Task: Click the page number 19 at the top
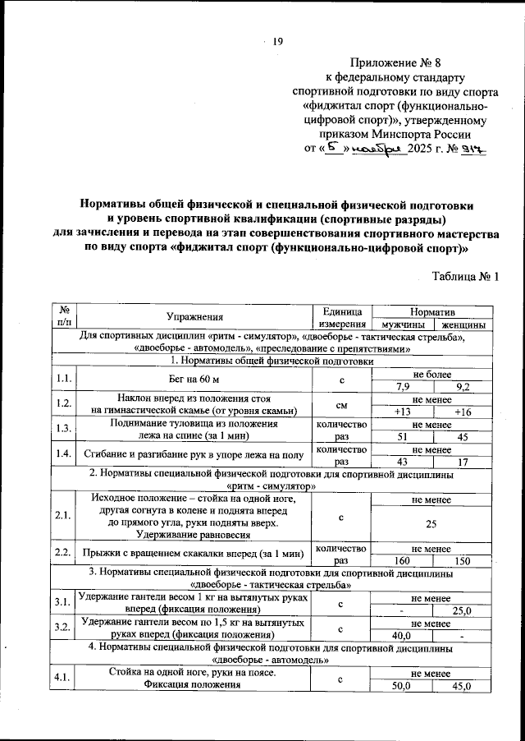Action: click(277, 43)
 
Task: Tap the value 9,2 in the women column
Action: click(463, 387)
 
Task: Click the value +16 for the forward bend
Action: click(463, 412)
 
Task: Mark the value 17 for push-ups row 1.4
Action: click(463, 462)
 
